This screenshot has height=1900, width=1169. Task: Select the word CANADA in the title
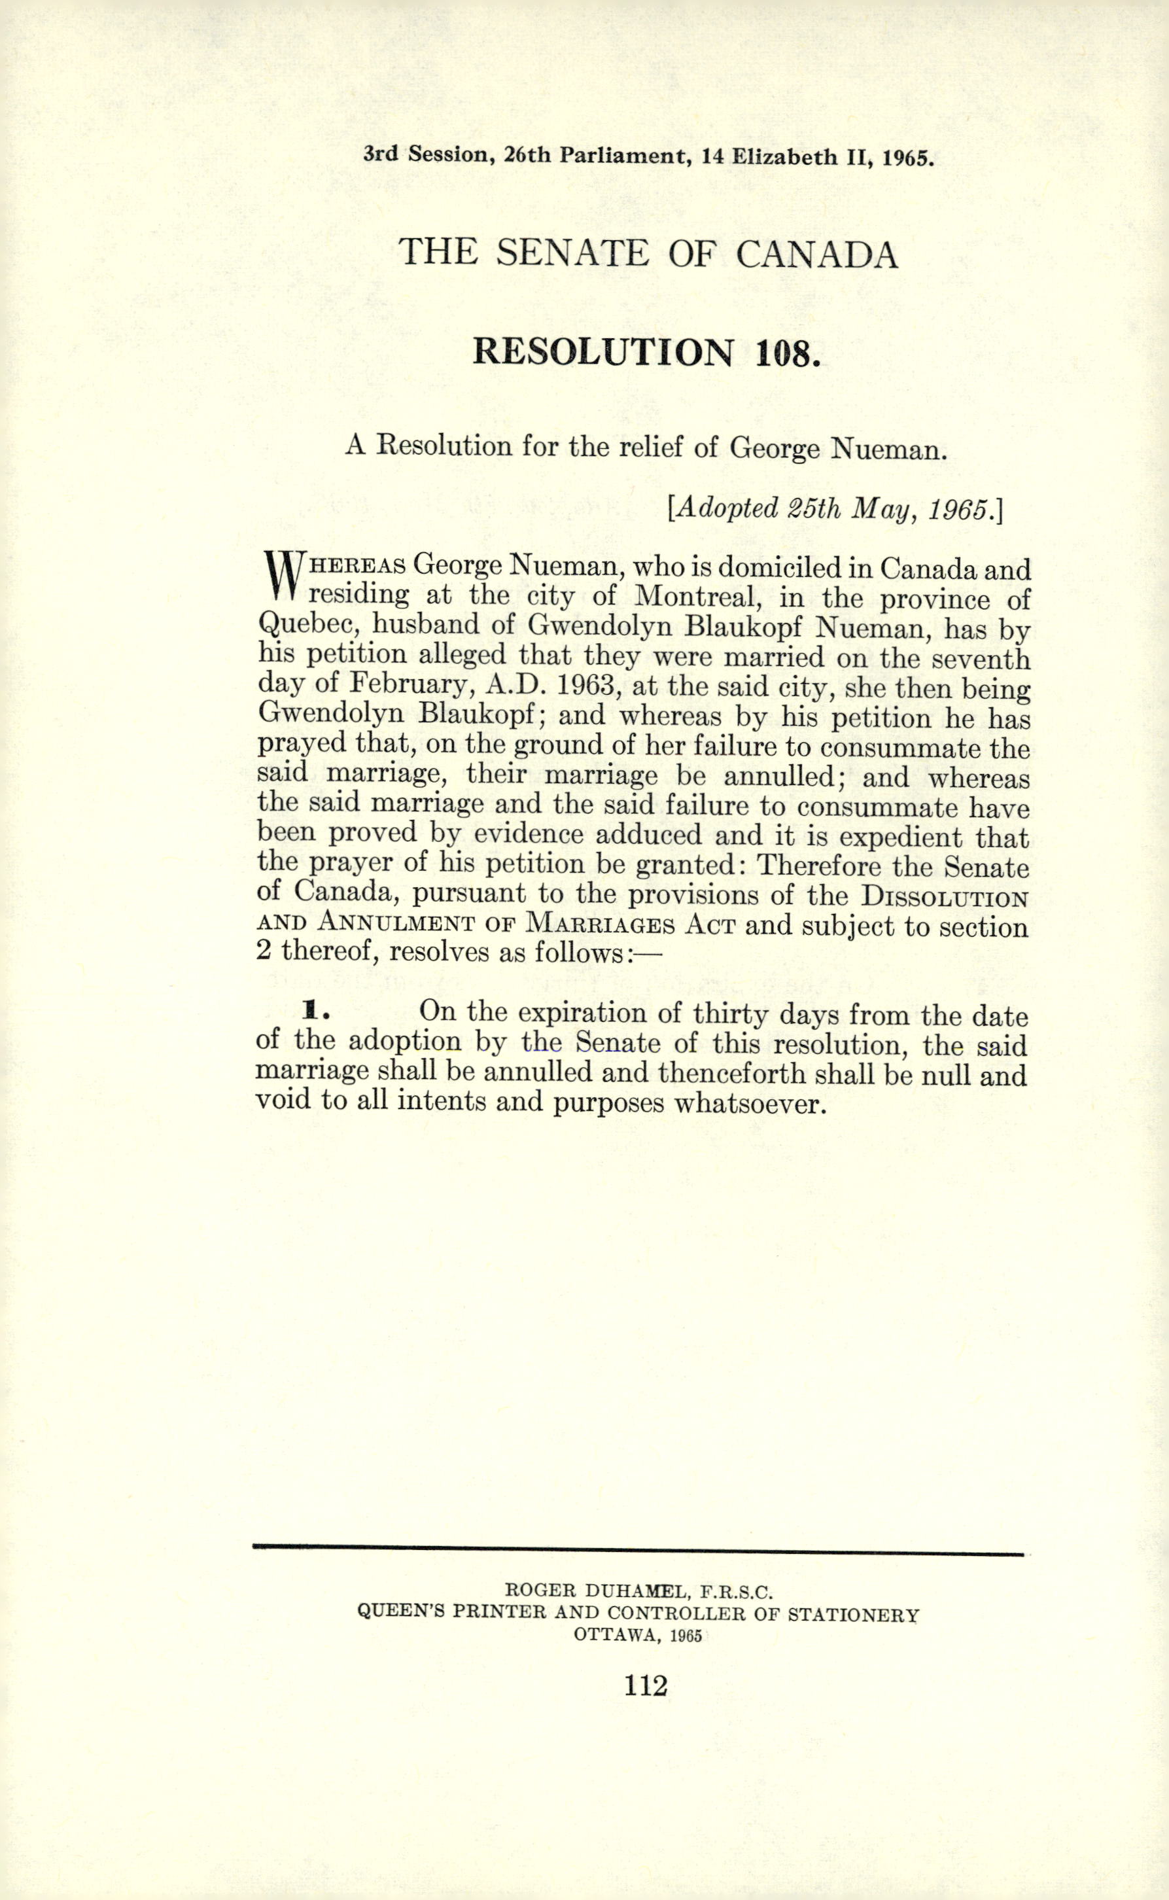pyautogui.click(x=816, y=255)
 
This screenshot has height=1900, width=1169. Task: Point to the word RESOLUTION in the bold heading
pyautogui.click(x=602, y=352)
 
